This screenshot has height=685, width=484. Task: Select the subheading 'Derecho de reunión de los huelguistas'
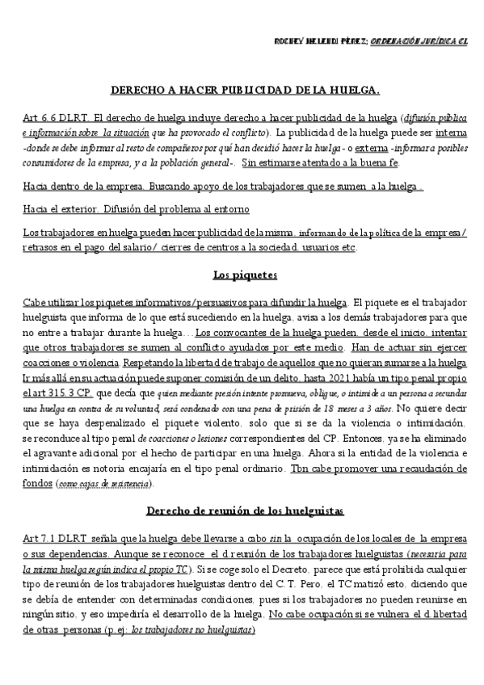tap(244, 511)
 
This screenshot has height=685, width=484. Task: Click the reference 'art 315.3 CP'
tap(56, 392)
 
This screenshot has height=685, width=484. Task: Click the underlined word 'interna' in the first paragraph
tap(450, 132)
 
